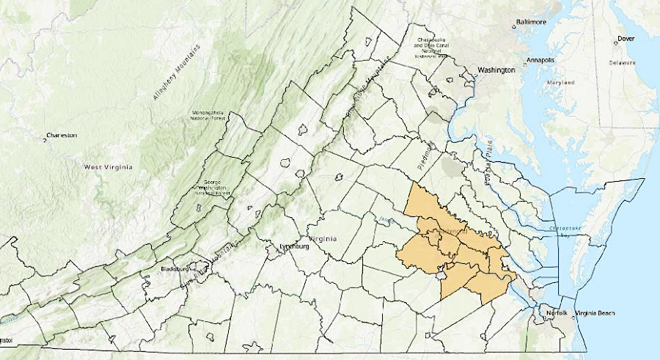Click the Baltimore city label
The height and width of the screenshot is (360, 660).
(533, 23)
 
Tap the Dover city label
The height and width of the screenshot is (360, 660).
(626, 38)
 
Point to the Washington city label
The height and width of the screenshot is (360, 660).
(496, 70)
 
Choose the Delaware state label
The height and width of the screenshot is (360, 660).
(621, 63)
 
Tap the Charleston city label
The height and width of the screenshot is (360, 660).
(62, 136)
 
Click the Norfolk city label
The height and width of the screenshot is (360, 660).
(557, 314)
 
